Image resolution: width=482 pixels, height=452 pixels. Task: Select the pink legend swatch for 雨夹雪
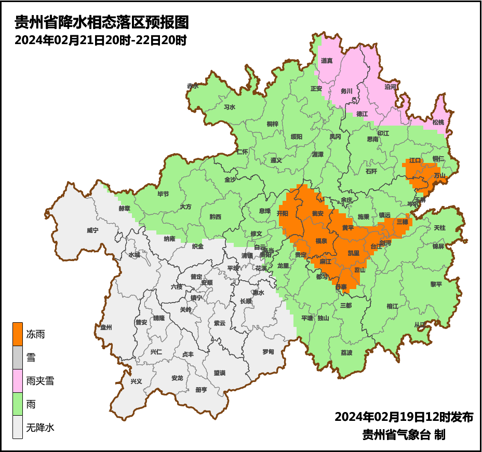[18, 381]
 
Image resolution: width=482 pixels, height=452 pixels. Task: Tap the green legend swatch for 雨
[18, 404]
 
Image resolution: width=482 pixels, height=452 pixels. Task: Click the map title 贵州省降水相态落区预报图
[101, 22]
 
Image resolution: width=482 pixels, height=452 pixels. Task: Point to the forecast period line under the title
[100, 40]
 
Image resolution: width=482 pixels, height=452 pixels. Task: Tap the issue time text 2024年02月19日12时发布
[404, 417]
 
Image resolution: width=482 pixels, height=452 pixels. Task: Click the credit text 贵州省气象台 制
[404, 435]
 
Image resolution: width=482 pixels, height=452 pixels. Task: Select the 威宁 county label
[92, 229]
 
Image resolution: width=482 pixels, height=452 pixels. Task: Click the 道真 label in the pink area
[327, 61]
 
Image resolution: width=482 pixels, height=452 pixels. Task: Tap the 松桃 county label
[438, 122]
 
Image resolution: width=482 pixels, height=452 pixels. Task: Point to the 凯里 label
[353, 253]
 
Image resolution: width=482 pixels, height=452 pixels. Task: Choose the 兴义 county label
[136, 381]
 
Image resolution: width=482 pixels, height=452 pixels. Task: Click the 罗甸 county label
[268, 352]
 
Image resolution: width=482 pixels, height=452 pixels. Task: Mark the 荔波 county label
[346, 353]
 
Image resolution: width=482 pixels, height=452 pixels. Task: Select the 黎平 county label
[436, 284]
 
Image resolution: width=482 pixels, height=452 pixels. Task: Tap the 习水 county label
[229, 107]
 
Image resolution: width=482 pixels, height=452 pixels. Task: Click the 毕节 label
[163, 194]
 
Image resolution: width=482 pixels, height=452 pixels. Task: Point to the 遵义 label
[276, 160]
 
